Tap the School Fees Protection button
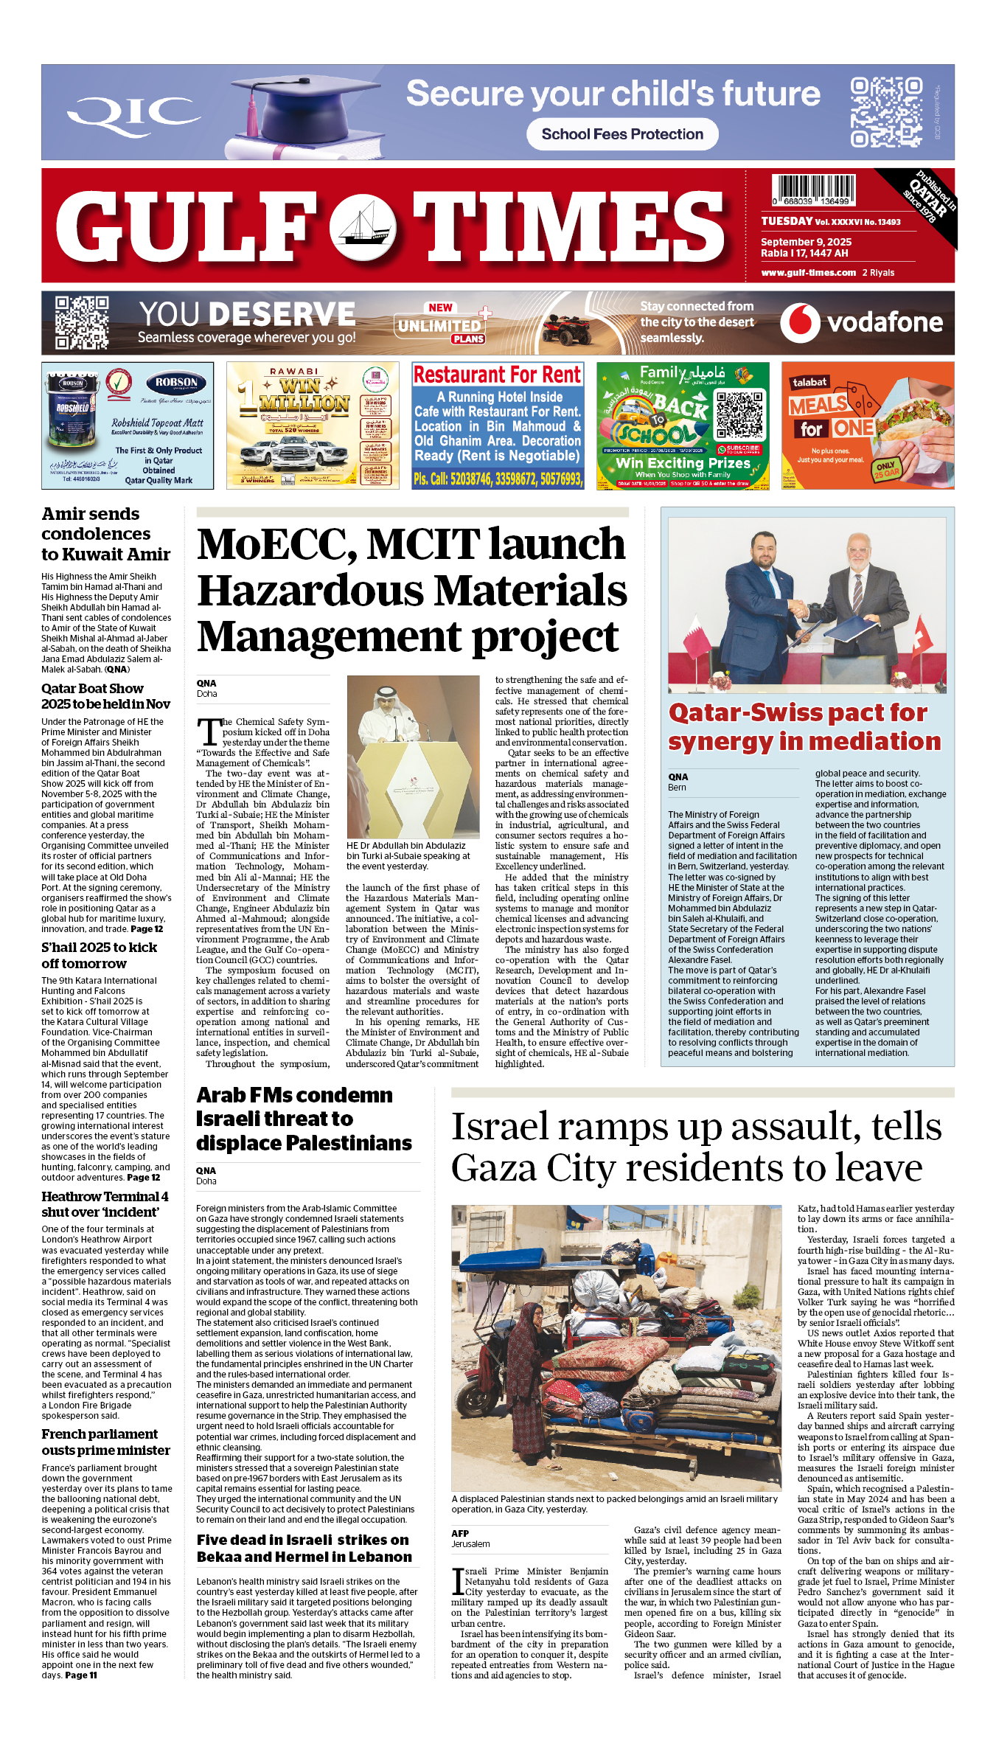(x=622, y=134)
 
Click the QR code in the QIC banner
(x=886, y=112)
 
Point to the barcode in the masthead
(x=813, y=190)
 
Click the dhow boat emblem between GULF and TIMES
(x=363, y=228)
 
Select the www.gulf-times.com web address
(x=808, y=272)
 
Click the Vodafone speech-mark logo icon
(x=800, y=323)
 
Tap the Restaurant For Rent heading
(x=497, y=375)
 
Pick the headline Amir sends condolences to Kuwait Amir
(x=105, y=534)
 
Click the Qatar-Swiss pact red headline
(x=804, y=726)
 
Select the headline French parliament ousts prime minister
(x=105, y=1442)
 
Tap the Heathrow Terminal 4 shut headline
(x=105, y=1203)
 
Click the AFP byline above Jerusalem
(x=460, y=1533)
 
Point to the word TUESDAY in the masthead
(x=787, y=221)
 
